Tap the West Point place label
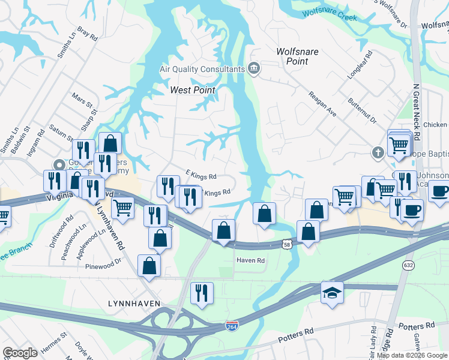pyautogui.click(x=192, y=90)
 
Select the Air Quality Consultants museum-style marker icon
pyautogui.click(x=253, y=69)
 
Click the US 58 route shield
pyautogui.click(x=288, y=243)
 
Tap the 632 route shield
pyautogui.click(x=409, y=265)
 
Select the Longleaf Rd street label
pyautogui.click(x=360, y=65)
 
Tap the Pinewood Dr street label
pyautogui.click(x=103, y=266)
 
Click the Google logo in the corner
pyautogui.click(x=20, y=353)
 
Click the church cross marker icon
pyautogui.click(x=378, y=153)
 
